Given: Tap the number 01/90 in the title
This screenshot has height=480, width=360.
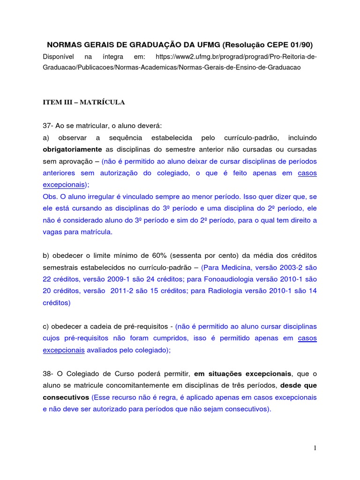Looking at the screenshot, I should pos(300,45).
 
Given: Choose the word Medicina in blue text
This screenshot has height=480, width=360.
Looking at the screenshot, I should pos(235,267).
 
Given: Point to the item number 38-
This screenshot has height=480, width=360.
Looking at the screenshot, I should pos(48,373).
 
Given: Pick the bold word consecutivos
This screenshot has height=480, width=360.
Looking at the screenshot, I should pos(66,397).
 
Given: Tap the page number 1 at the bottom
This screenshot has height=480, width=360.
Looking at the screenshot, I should pos(315,449).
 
